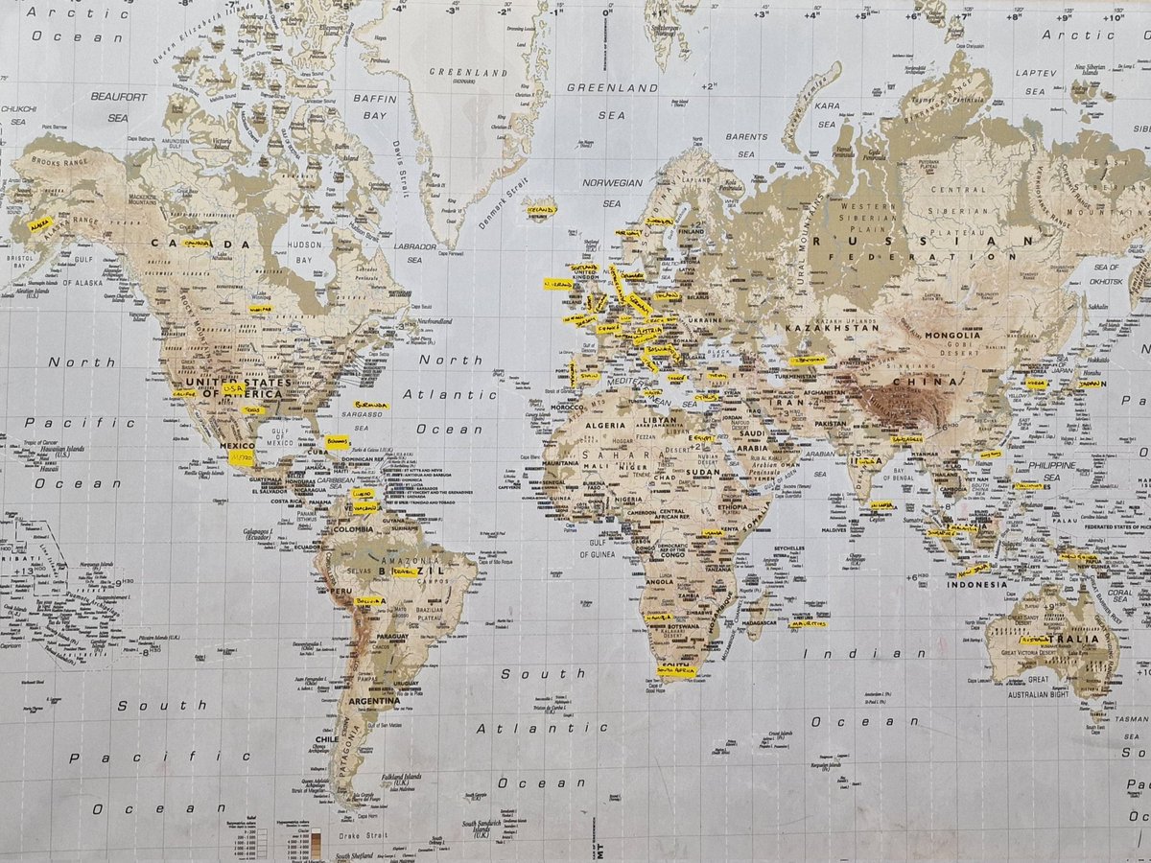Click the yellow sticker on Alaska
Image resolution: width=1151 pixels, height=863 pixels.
pyautogui.click(x=40, y=224)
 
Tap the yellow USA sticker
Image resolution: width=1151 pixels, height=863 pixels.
pyautogui.click(x=233, y=388)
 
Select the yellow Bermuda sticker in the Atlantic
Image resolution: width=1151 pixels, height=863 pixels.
pyautogui.click(x=370, y=406)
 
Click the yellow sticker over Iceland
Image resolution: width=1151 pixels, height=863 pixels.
pyautogui.click(x=540, y=209)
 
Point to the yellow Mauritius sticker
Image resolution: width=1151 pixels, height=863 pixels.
pyautogui.click(x=808, y=623)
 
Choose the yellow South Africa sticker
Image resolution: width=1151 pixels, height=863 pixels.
pyautogui.click(x=676, y=671)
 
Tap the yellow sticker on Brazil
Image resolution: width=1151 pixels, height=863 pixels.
pyautogui.click(x=405, y=571)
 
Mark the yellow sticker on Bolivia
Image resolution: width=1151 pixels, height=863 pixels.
pyautogui.click(x=369, y=601)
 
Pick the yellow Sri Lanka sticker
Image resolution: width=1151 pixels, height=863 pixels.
pyautogui.click(x=881, y=504)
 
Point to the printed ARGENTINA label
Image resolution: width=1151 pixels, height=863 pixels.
pyautogui.click(x=373, y=701)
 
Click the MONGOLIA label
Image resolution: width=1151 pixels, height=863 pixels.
pyautogui.click(x=952, y=336)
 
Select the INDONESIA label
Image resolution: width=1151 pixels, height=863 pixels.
pyautogui.click(x=976, y=584)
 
